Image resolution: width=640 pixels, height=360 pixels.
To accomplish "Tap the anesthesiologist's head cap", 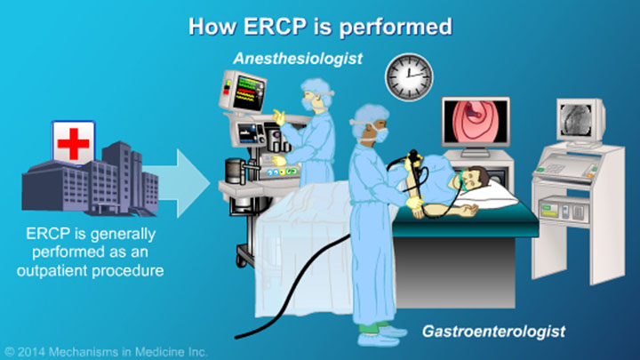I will (x=316, y=85).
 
